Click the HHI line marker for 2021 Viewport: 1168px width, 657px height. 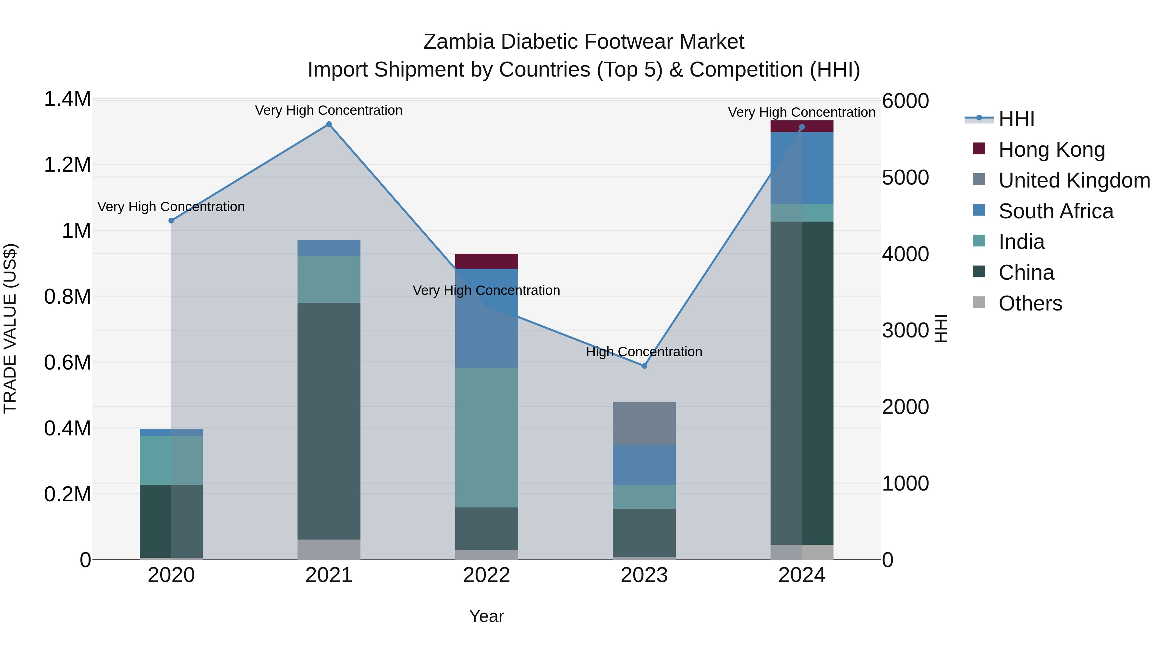(329, 124)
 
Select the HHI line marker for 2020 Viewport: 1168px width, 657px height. (171, 221)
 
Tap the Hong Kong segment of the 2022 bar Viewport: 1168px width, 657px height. (487, 261)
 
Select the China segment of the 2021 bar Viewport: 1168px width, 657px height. (329, 421)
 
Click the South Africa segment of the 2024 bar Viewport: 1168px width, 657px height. (802, 168)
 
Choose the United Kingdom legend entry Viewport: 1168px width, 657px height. (1074, 180)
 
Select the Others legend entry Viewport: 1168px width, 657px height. (1030, 303)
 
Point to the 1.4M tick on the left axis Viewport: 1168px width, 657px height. (67, 99)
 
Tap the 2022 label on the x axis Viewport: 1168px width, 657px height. (487, 575)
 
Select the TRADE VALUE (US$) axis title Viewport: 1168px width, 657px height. (10, 328)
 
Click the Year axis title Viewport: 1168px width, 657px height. (487, 616)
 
